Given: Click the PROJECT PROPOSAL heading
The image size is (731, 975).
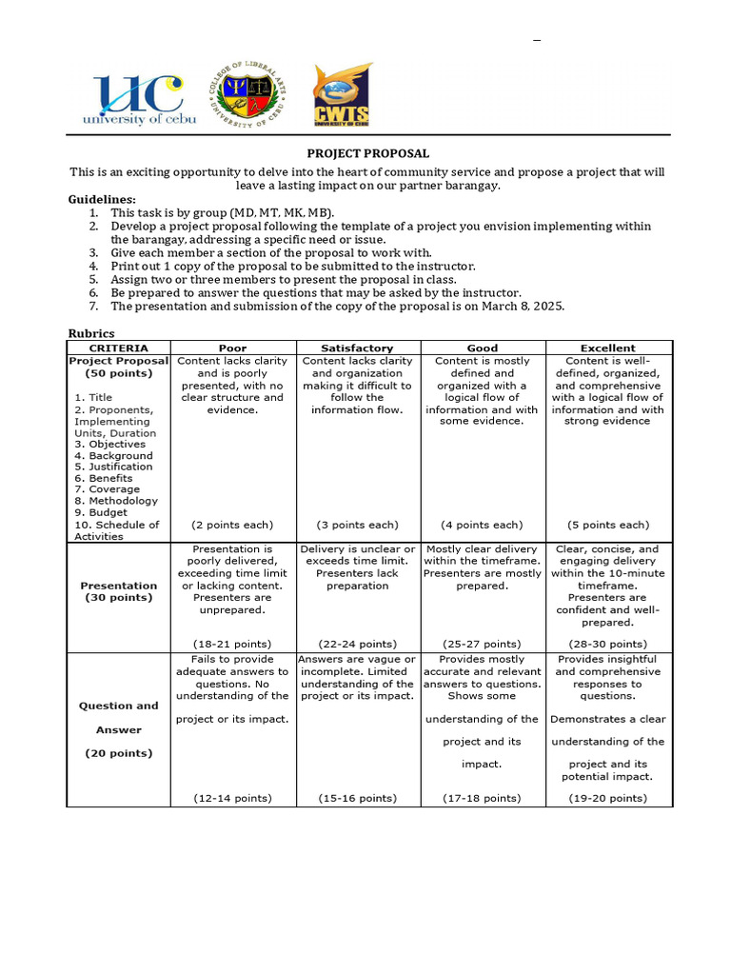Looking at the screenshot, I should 367,153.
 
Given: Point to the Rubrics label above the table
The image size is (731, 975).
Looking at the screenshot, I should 91,333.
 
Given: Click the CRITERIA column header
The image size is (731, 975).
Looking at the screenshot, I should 118,348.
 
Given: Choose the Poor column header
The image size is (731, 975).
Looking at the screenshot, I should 232,348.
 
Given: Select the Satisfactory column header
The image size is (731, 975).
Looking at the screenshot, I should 357,348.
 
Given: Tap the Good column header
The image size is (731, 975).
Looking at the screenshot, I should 482,348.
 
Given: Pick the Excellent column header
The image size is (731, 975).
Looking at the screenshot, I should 608,348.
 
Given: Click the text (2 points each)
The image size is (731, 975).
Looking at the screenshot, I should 232,525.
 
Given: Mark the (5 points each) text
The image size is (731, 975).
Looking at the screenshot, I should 608,525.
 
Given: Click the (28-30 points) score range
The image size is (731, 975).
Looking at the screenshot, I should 608,645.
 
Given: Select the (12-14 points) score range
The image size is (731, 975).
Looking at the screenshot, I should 232,798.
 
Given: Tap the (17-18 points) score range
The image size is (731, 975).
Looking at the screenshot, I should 482,798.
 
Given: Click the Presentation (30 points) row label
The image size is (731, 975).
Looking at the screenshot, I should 118,591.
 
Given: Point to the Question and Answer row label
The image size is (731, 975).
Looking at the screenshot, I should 118,718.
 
